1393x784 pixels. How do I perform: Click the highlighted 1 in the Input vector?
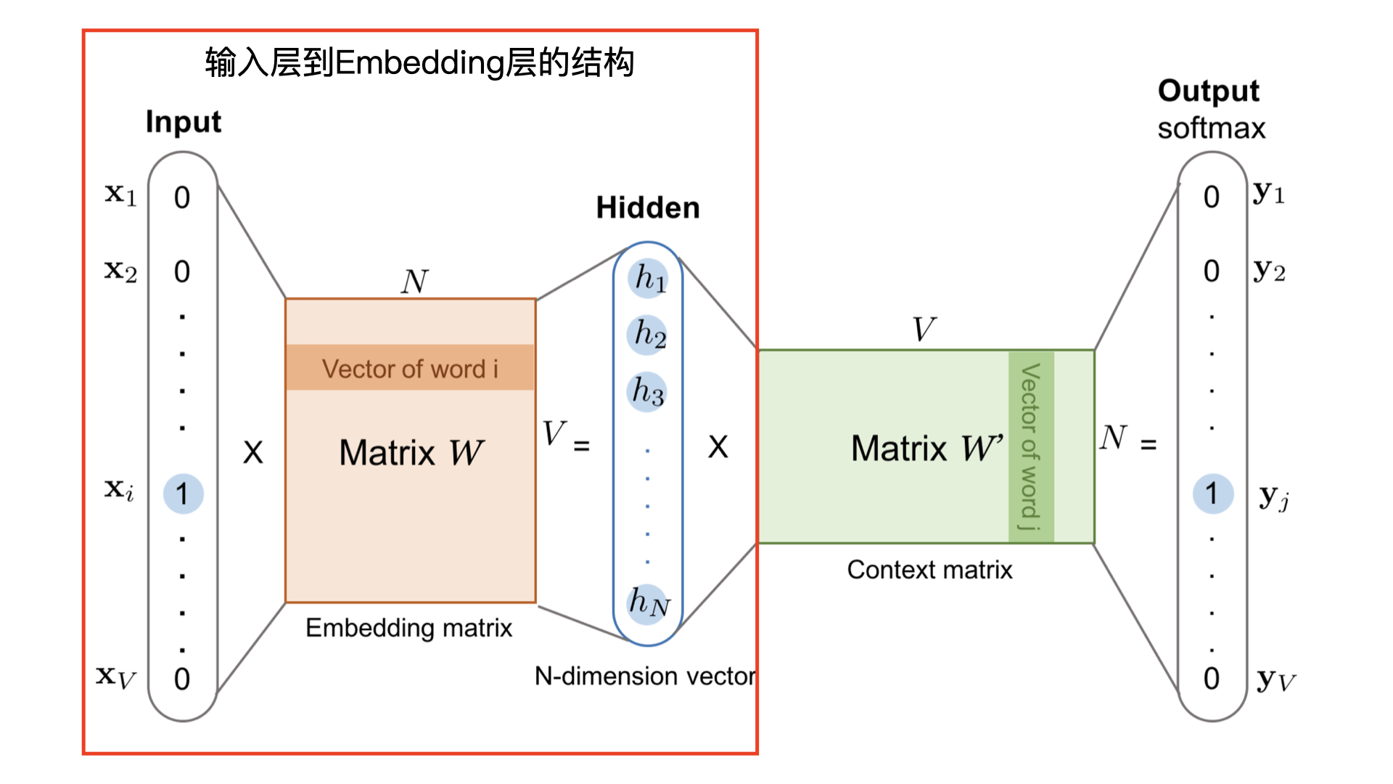point(183,494)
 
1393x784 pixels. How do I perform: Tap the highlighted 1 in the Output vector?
point(1212,494)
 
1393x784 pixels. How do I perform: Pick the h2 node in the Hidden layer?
point(648,335)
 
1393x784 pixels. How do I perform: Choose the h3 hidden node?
point(646,392)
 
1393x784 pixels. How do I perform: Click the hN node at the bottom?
point(648,603)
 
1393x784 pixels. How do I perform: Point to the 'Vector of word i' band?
point(411,368)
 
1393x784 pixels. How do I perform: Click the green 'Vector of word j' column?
point(1030,446)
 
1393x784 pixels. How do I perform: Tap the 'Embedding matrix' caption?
point(408,628)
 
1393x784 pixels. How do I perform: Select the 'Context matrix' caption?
point(929,570)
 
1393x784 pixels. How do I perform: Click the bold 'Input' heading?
point(183,122)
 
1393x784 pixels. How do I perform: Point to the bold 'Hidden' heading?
point(648,208)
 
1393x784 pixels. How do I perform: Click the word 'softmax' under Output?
point(1211,128)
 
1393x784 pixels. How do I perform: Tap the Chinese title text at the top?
point(419,62)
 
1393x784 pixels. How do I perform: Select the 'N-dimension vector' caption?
point(644,677)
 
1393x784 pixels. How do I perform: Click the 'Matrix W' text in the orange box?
point(411,453)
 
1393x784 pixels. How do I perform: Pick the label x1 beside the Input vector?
point(120,195)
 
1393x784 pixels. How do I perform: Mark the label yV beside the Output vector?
point(1275,681)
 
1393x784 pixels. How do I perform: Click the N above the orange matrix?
point(414,282)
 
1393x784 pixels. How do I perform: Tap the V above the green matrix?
point(924,330)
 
